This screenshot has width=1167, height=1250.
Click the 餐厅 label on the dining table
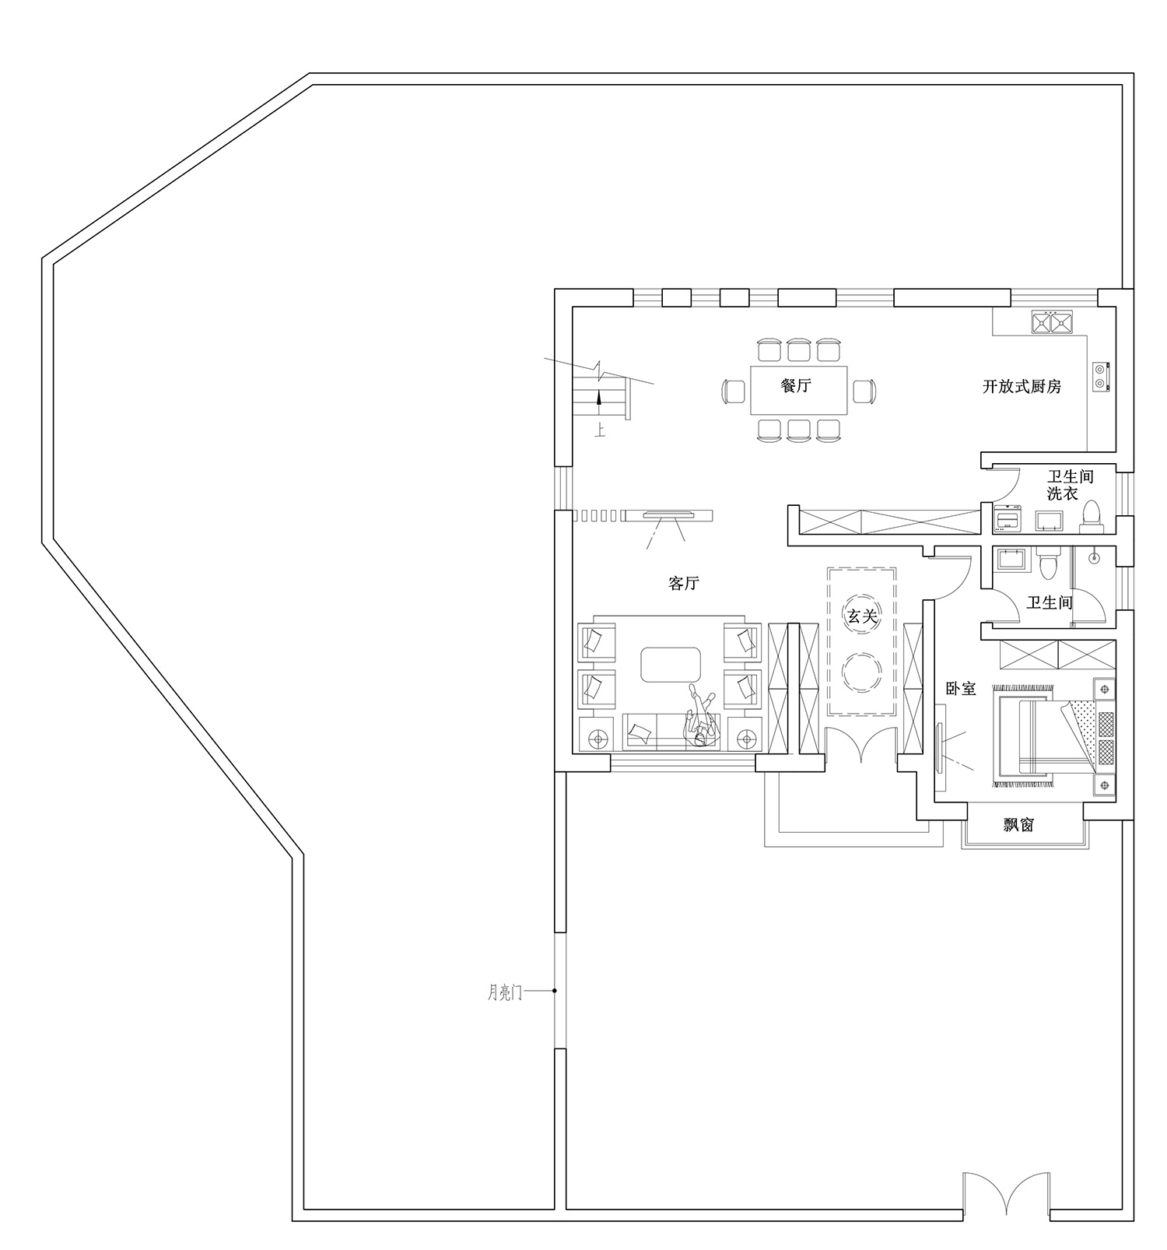click(796, 385)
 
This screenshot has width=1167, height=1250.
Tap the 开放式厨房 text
click(1022, 386)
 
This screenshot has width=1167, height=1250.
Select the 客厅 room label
click(684, 583)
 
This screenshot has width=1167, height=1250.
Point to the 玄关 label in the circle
click(862, 617)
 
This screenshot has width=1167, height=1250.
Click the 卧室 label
click(961, 689)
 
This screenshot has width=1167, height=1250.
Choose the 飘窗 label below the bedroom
click(1018, 824)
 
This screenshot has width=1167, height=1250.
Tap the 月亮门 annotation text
click(505, 992)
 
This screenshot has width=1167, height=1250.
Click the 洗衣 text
click(1062, 493)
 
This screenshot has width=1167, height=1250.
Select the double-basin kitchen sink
click(1052, 321)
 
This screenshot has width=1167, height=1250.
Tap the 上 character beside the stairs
click(600, 430)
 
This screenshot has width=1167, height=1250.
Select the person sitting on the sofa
click(700, 718)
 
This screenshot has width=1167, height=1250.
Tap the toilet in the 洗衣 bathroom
click(1092, 516)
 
